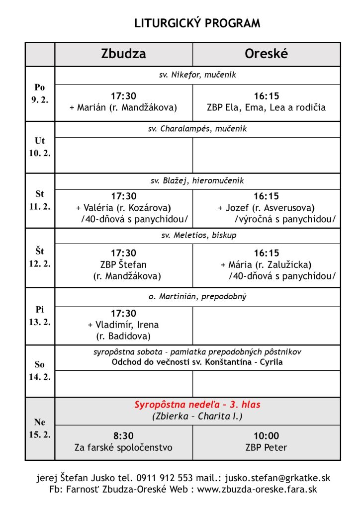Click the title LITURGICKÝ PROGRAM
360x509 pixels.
pos(197,23)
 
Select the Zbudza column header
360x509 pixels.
pos(123,54)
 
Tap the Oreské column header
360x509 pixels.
pos(266,54)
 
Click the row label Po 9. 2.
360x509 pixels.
pos(40,93)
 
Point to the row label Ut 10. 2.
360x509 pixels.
pos(40,147)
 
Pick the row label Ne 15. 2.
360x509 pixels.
pos(40,428)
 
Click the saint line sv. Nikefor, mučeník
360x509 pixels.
pos(197,76)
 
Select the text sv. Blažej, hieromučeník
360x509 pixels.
pos(197,180)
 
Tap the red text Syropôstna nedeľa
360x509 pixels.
pos(197,405)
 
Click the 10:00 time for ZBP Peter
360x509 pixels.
pos(266,435)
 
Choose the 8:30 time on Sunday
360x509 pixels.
pos(123,435)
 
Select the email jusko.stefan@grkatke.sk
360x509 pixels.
pos(277,478)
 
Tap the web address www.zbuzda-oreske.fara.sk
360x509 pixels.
pos(257,489)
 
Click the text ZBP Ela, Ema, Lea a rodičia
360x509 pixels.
pos(266,107)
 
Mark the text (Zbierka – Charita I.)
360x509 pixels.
pos(197,417)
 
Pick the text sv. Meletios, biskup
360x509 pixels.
pos(197,235)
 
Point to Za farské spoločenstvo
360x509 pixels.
pos(123,447)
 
